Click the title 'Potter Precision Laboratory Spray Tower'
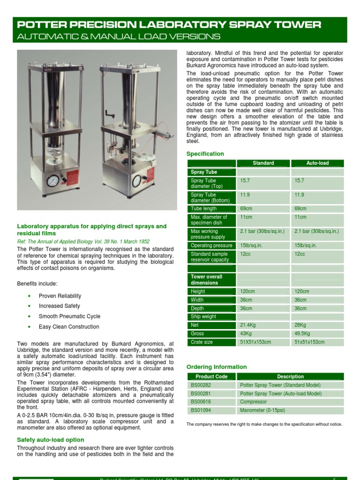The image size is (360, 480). coord(169,25)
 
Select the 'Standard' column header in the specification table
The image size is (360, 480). coord(263,163)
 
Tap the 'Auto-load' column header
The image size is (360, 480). coord(317,163)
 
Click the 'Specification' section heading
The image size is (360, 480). coord(205,154)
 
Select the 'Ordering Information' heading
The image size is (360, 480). coord(217,367)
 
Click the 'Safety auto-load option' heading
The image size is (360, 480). coord(51,440)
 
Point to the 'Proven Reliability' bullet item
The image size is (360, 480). coord(60,296)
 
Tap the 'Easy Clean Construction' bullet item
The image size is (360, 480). coord(69,327)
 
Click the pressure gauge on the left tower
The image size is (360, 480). coord(53,180)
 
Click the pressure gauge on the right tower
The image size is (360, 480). coord(137,180)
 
